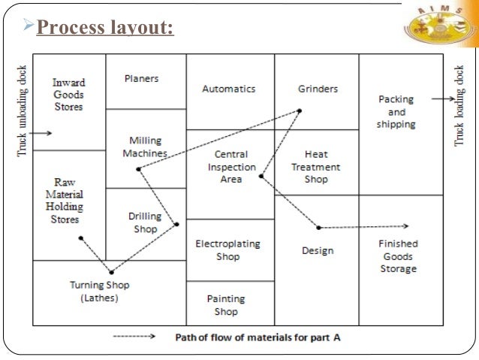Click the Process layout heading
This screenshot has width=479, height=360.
pyautogui.click(x=105, y=29)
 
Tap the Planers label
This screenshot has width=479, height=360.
pyautogui.click(x=142, y=77)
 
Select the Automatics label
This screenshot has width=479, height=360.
pyautogui.click(x=229, y=89)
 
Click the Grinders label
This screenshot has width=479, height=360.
pyautogui.click(x=318, y=89)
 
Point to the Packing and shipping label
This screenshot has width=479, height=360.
pyautogui.click(x=396, y=111)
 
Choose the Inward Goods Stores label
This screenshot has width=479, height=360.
pyautogui.click(x=68, y=95)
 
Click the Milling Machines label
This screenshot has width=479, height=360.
pyautogui.click(x=146, y=147)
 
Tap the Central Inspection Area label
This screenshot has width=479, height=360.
pyautogui.click(x=231, y=167)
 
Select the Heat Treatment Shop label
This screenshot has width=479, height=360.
pyautogui.click(x=316, y=167)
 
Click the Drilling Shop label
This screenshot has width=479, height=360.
pyautogui.click(x=145, y=222)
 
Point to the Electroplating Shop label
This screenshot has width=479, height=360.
pyautogui.click(x=228, y=250)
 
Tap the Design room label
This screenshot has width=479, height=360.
pyautogui.click(x=318, y=250)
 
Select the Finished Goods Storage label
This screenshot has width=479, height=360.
pyautogui.click(x=398, y=256)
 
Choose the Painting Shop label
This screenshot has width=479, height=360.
pyautogui.click(x=226, y=304)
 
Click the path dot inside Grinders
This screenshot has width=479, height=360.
pyautogui.click(x=299, y=111)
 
